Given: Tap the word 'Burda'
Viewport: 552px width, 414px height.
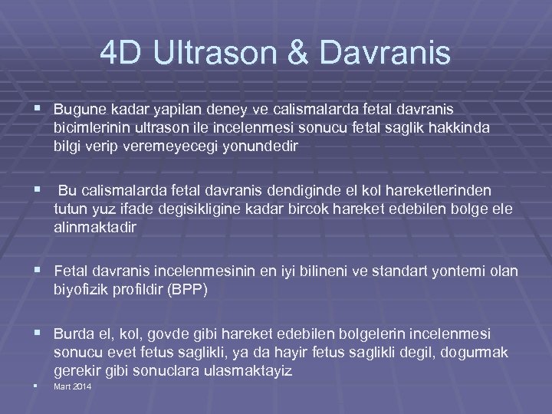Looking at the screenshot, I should (x=72, y=333).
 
